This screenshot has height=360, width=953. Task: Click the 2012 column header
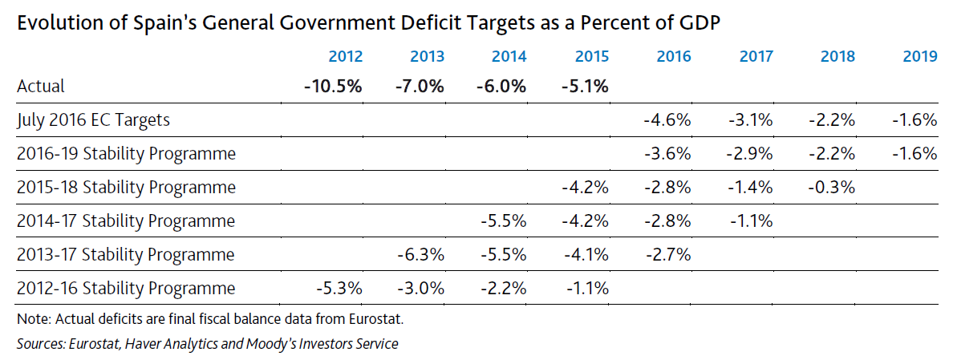(346, 57)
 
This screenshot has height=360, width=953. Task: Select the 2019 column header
(920, 57)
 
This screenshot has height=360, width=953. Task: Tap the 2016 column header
(673, 57)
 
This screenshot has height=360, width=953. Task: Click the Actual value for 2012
(334, 86)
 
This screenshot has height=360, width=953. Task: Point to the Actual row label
(40, 86)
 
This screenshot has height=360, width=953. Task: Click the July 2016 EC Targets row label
(93, 120)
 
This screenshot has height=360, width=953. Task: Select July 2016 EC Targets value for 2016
(668, 120)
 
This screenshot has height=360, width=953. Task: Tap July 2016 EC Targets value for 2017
(752, 120)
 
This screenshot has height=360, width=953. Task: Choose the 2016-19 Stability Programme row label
(126, 153)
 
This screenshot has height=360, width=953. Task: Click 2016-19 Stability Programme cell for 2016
(668, 153)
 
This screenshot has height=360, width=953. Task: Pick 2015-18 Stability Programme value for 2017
(752, 188)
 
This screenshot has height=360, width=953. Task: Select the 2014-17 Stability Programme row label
(126, 220)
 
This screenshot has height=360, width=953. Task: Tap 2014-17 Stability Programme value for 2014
(503, 220)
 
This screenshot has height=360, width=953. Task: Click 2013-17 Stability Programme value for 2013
(420, 255)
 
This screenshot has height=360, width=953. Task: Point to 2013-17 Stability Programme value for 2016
(668, 255)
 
